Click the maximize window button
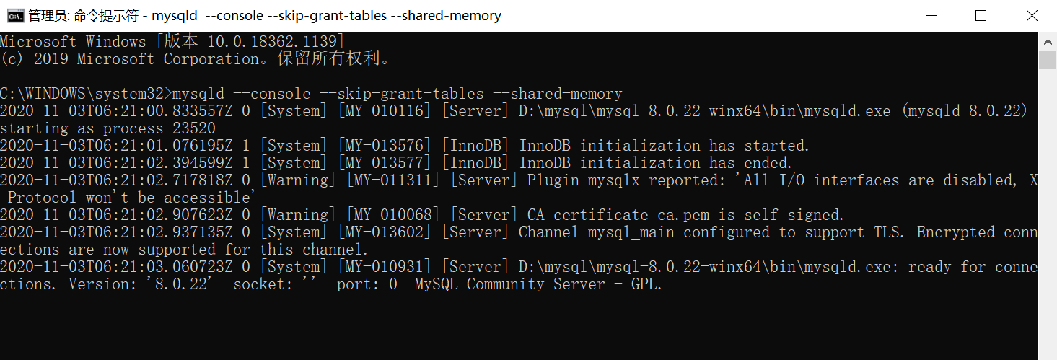[981, 15]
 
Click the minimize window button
[930, 15]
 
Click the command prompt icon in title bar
[15, 15]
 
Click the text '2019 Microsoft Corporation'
[94, 59]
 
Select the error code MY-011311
[393, 180]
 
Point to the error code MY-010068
[393, 215]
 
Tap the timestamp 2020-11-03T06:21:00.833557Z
[116, 111]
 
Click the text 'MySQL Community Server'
[509, 284]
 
